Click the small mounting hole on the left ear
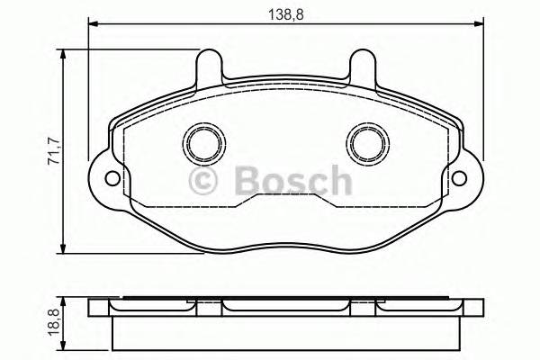111,176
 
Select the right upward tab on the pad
364,67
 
